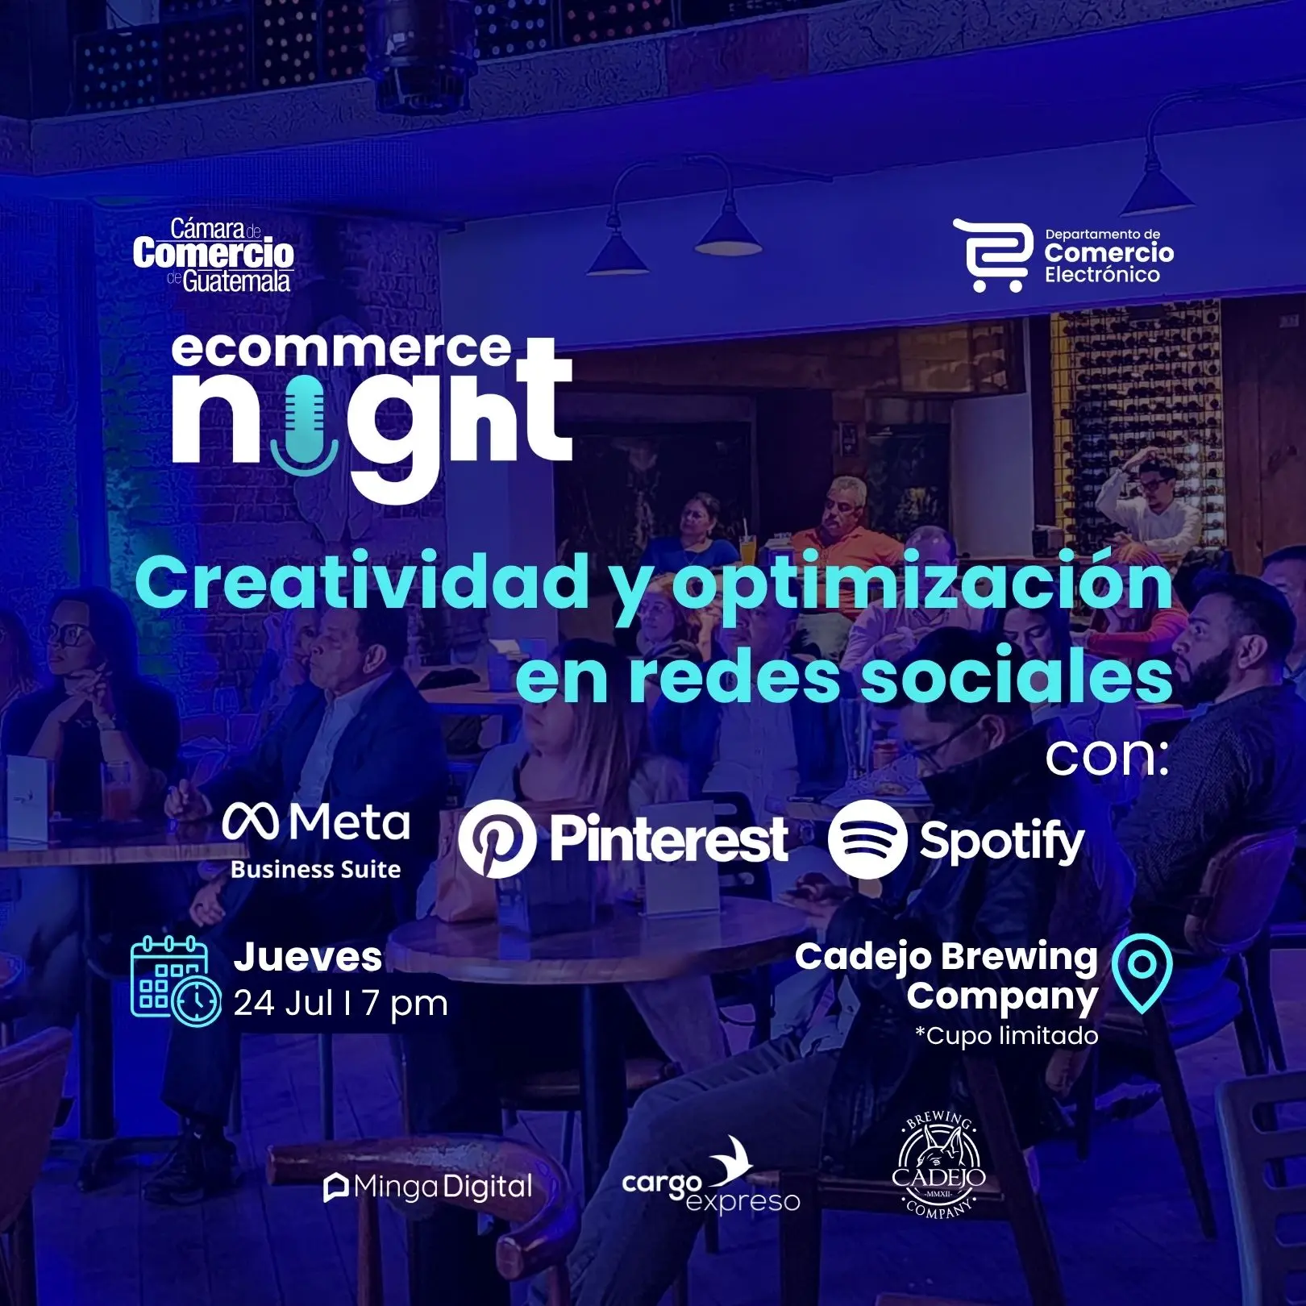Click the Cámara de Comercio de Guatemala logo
coord(214,255)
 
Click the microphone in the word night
coord(305,428)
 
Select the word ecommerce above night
coord(342,349)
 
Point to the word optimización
coord(922,586)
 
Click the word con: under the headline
coord(1107,757)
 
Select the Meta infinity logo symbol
coord(251,823)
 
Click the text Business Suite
coord(315,869)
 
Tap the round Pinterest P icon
coord(497,839)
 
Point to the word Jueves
coord(308,957)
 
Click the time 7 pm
coord(405,1004)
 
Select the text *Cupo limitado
coord(1006,1035)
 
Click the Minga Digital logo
coord(428,1187)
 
